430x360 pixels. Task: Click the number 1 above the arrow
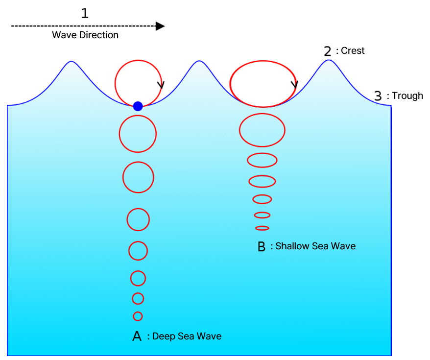tap(85, 13)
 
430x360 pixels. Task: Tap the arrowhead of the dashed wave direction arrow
tap(160, 26)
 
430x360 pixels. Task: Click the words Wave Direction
tap(85, 35)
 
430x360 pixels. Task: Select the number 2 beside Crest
tap(328, 51)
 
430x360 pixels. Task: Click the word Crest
tap(353, 51)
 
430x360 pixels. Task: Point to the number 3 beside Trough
tap(378, 96)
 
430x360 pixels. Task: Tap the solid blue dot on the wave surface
tap(138, 106)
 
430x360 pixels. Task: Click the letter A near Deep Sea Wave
tap(137, 336)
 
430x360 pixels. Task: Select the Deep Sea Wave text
tap(187, 336)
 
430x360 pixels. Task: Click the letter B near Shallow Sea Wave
tap(262, 246)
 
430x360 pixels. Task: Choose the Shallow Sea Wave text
tap(315, 246)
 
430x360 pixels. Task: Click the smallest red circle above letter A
tap(138, 316)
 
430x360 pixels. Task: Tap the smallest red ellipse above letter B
tap(262, 228)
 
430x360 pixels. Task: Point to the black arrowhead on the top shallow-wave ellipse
tap(294, 85)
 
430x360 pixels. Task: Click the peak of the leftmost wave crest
tap(72, 62)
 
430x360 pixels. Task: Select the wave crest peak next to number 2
tap(328, 60)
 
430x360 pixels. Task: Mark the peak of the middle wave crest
tap(198, 61)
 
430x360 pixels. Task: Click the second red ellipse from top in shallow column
tap(262, 130)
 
